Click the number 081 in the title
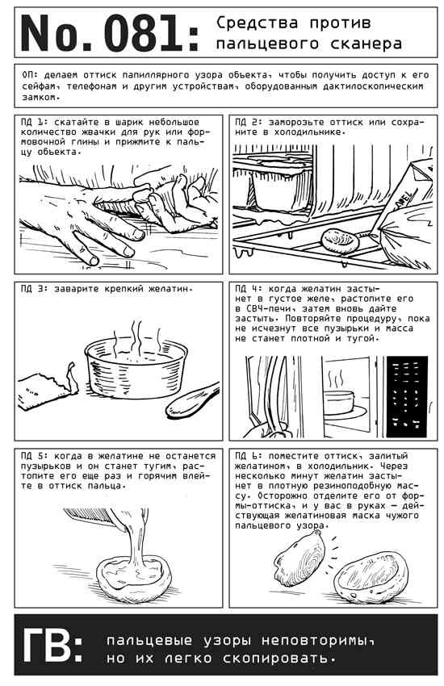[x=143, y=33]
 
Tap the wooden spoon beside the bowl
[x=192, y=400]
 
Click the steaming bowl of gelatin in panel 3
[x=136, y=367]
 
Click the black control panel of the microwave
[x=407, y=396]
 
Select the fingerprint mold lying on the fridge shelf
[x=340, y=241]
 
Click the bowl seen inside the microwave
[x=338, y=403]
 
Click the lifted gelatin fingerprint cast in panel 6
[x=300, y=559]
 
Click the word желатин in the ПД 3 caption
[x=168, y=289]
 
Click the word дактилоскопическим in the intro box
[x=373, y=86]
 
